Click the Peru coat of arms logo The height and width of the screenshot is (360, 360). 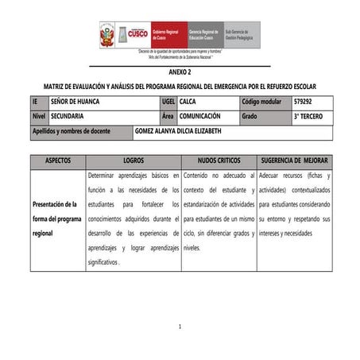106,35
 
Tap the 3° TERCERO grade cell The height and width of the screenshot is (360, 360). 308,116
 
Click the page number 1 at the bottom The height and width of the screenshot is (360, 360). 180,327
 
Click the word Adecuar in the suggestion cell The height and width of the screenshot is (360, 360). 273,175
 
